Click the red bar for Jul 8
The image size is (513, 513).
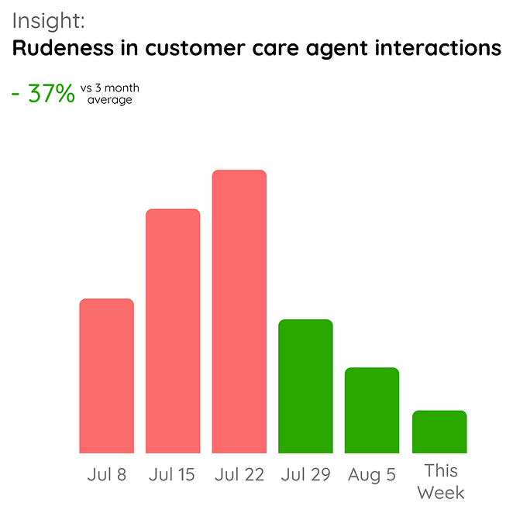pyautogui.click(x=107, y=376)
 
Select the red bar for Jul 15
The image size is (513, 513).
pyautogui.click(x=173, y=331)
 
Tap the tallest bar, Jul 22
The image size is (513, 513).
pyautogui.click(x=239, y=312)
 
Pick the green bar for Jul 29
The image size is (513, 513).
pyautogui.click(x=305, y=386)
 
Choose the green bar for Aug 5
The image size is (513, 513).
pyautogui.click(x=372, y=410)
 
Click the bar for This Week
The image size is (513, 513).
pyautogui.click(x=439, y=432)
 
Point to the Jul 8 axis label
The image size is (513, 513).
pyautogui.click(x=106, y=474)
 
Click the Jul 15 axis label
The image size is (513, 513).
pyautogui.click(x=172, y=474)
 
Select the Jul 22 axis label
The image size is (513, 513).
pyautogui.click(x=239, y=474)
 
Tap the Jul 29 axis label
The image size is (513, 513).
pyautogui.click(x=305, y=474)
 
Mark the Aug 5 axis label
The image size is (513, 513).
pyautogui.click(x=372, y=474)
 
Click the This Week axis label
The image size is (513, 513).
pyautogui.click(x=440, y=481)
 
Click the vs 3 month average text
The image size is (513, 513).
pyautogui.click(x=109, y=94)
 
